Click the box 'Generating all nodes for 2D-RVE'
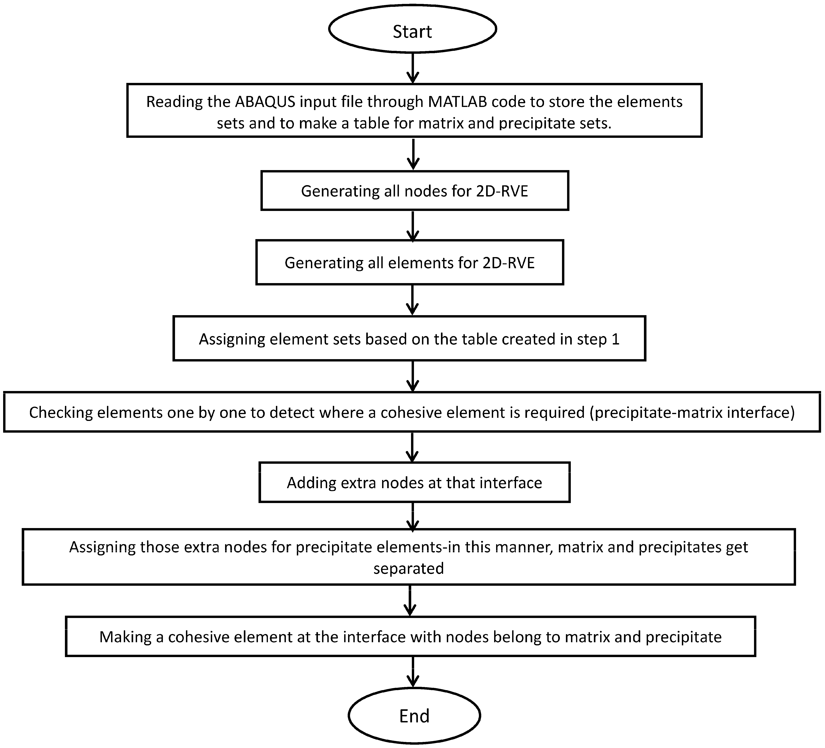point(415,191)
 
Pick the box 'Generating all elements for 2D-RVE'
point(410,262)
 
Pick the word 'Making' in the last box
point(125,637)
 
